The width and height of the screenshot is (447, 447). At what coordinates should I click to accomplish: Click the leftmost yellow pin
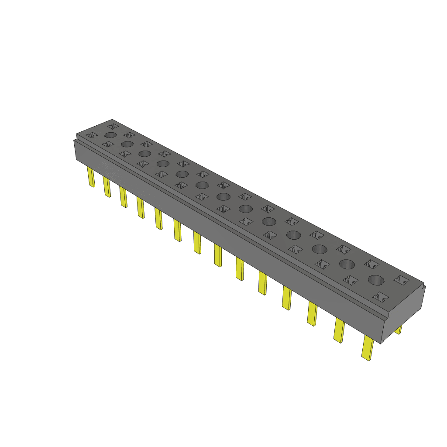coord(91,177)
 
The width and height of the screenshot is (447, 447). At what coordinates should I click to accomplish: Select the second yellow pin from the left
coord(107,187)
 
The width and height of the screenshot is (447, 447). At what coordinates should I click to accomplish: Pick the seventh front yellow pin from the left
coord(197,243)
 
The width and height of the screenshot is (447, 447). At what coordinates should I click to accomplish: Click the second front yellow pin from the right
coord(339,330)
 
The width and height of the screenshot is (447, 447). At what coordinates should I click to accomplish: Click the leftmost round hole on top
coord(110,135)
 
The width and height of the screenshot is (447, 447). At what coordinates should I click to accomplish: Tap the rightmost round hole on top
coord(376,280)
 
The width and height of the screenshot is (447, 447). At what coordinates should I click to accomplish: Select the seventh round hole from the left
coord(223,196)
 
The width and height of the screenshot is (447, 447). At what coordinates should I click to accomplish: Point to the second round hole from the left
coord(127,144)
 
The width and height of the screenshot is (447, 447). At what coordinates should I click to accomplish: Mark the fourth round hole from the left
coord(163,164)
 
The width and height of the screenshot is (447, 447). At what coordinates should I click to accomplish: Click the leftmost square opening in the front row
coord(92,136)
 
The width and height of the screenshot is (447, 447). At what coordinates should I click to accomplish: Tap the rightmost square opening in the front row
coord(380,297)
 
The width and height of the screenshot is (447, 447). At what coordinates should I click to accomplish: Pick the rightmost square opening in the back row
coord(401,280)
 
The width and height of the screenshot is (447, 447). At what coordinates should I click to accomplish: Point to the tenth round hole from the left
coord(294,235)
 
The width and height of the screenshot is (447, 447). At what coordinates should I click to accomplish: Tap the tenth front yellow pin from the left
coord(262,283)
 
